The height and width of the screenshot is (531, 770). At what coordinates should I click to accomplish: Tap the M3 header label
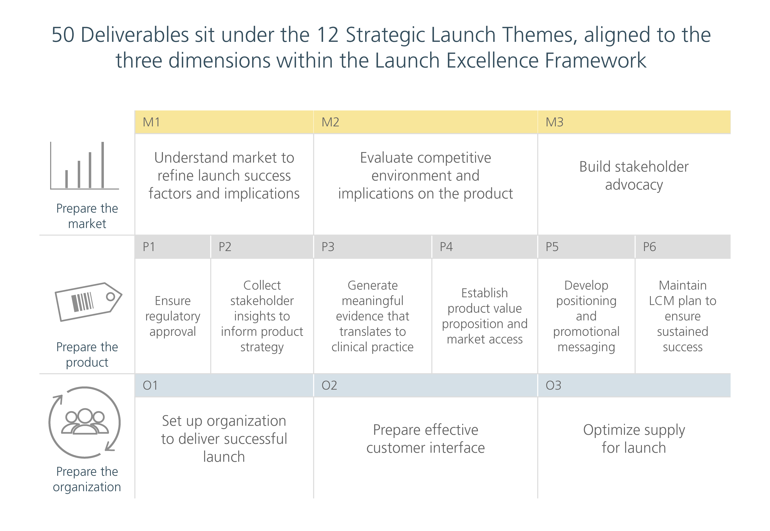tap(554, 122)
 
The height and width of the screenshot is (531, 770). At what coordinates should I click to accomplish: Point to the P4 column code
tap(446, 247)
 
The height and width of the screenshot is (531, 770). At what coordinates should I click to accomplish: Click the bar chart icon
tap(85, 165)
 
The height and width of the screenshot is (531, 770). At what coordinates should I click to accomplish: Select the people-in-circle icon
tap(85, 422)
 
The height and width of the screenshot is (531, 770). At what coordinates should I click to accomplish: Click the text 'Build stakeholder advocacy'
tap(634, 175)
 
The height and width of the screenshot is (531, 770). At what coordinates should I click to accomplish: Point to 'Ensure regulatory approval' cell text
tap(173, 316)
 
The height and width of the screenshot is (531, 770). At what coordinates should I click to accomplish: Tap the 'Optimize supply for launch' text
tap(634, 439)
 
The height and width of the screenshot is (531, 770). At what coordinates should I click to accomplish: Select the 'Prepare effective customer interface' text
tap(426, 439)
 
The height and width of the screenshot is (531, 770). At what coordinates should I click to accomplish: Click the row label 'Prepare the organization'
tap(87, 479)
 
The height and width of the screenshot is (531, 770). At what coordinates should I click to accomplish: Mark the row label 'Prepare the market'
tap(87, 216)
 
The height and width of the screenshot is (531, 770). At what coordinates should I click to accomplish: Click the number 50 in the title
tap(63, 35)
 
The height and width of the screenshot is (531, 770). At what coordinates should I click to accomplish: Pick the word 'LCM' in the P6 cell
tap(661, 301)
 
